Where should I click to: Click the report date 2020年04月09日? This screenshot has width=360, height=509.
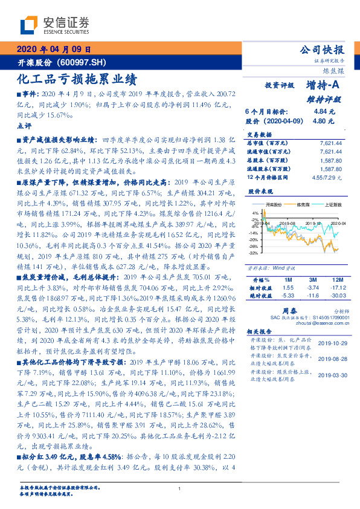(x=53, y=50)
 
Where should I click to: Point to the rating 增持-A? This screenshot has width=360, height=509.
(x=323, y=86)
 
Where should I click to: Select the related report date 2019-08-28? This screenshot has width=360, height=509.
(x=330, y=358)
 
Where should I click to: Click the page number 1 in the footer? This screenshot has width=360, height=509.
(x=180, y=488)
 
